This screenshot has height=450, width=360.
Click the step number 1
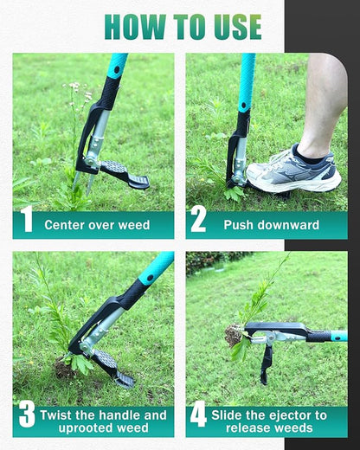tap(27, 222)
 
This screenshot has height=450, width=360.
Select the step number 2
tap(199, 222)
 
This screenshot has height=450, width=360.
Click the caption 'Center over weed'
tap(97, 225)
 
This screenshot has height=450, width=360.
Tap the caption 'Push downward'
tap(271, 225)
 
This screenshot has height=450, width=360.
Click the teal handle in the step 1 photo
tap(116, 66)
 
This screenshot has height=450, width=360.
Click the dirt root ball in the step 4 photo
tap(234, 332)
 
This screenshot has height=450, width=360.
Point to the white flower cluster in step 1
tap(74, 87)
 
